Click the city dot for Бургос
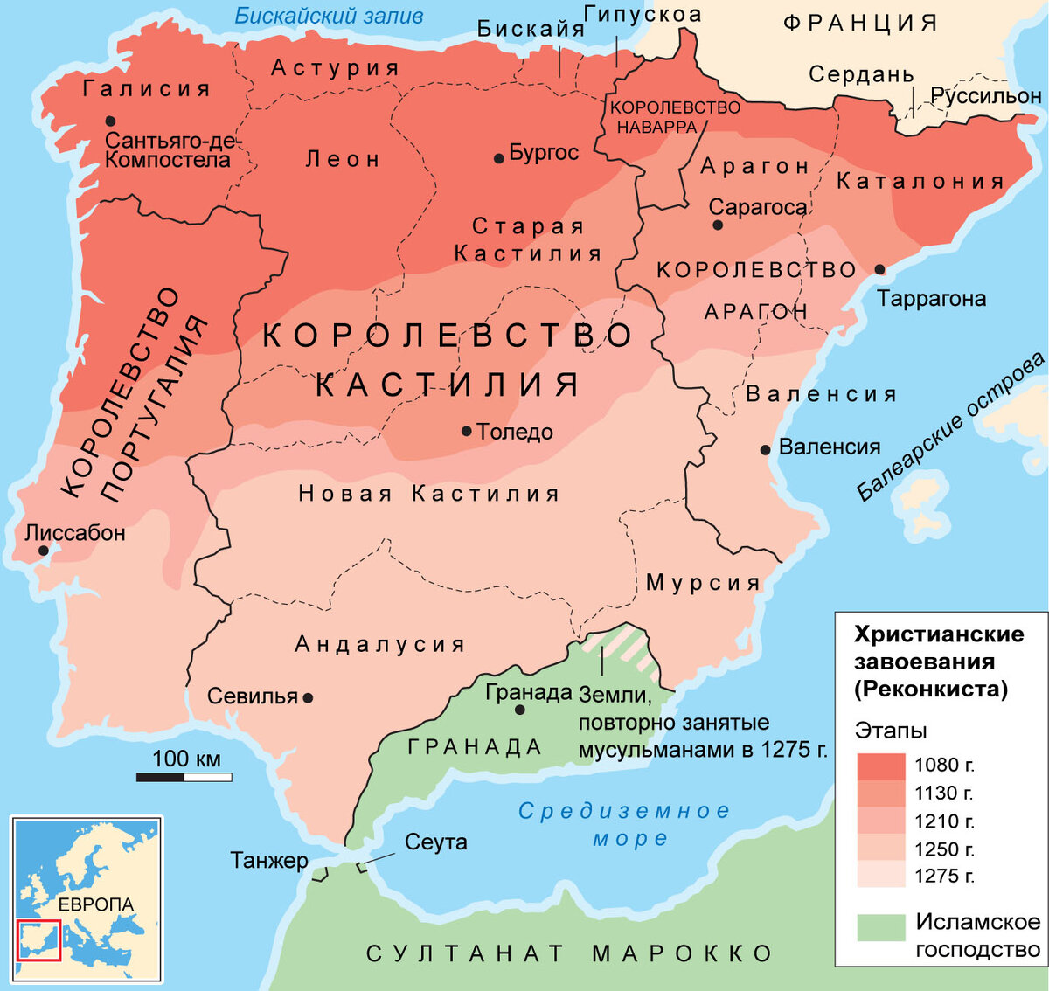click(x=498, y=158)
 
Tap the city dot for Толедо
click(x=467, y=431)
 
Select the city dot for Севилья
click(x=308, y=697)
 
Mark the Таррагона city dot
click(x=879, y=270)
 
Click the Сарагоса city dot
click(x=718, y=225)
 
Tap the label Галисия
click(x=147, y=88)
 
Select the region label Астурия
click(x=335, y=67)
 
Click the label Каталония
click(x=920, y=181)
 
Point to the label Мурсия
click(x=703, y=582)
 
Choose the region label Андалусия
click(x=380, y=644)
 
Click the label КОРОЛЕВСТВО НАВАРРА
click(x=674, y=116)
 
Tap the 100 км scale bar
click(x=184, y=776)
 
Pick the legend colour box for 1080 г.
click(x=880, y=766)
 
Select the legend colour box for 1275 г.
click(x=880, y=875)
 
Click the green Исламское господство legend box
click(x=880, y=927)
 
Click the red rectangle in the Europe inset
click(x=38, y=939)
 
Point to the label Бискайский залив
click(x=329, y=16)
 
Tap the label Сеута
click(x=435, y=842)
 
